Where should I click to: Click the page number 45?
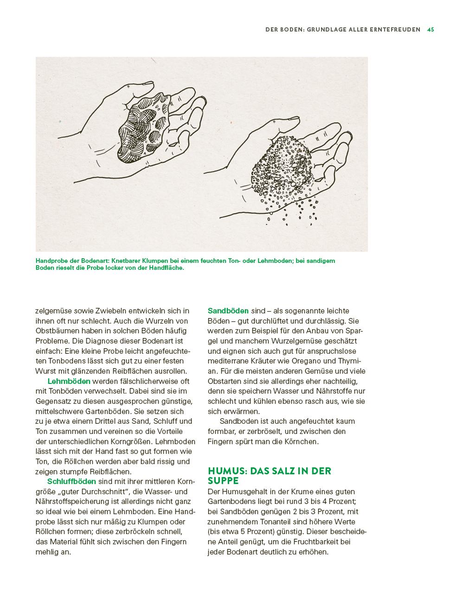pyautogui.click(x=431, y=29)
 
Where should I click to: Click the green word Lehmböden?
pyautogui.click(x=69, y=381)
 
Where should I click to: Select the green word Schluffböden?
pyautogui.click(x=71, y=481)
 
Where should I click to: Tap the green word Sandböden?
pyautogui.click(x=228, y=311)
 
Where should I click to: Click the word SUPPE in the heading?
pyautogui.click(x=223, y=481)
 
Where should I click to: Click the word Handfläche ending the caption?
pyautogui.click(x=167, y=268)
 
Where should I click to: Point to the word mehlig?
pyautogui.click(x=47, y=552)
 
